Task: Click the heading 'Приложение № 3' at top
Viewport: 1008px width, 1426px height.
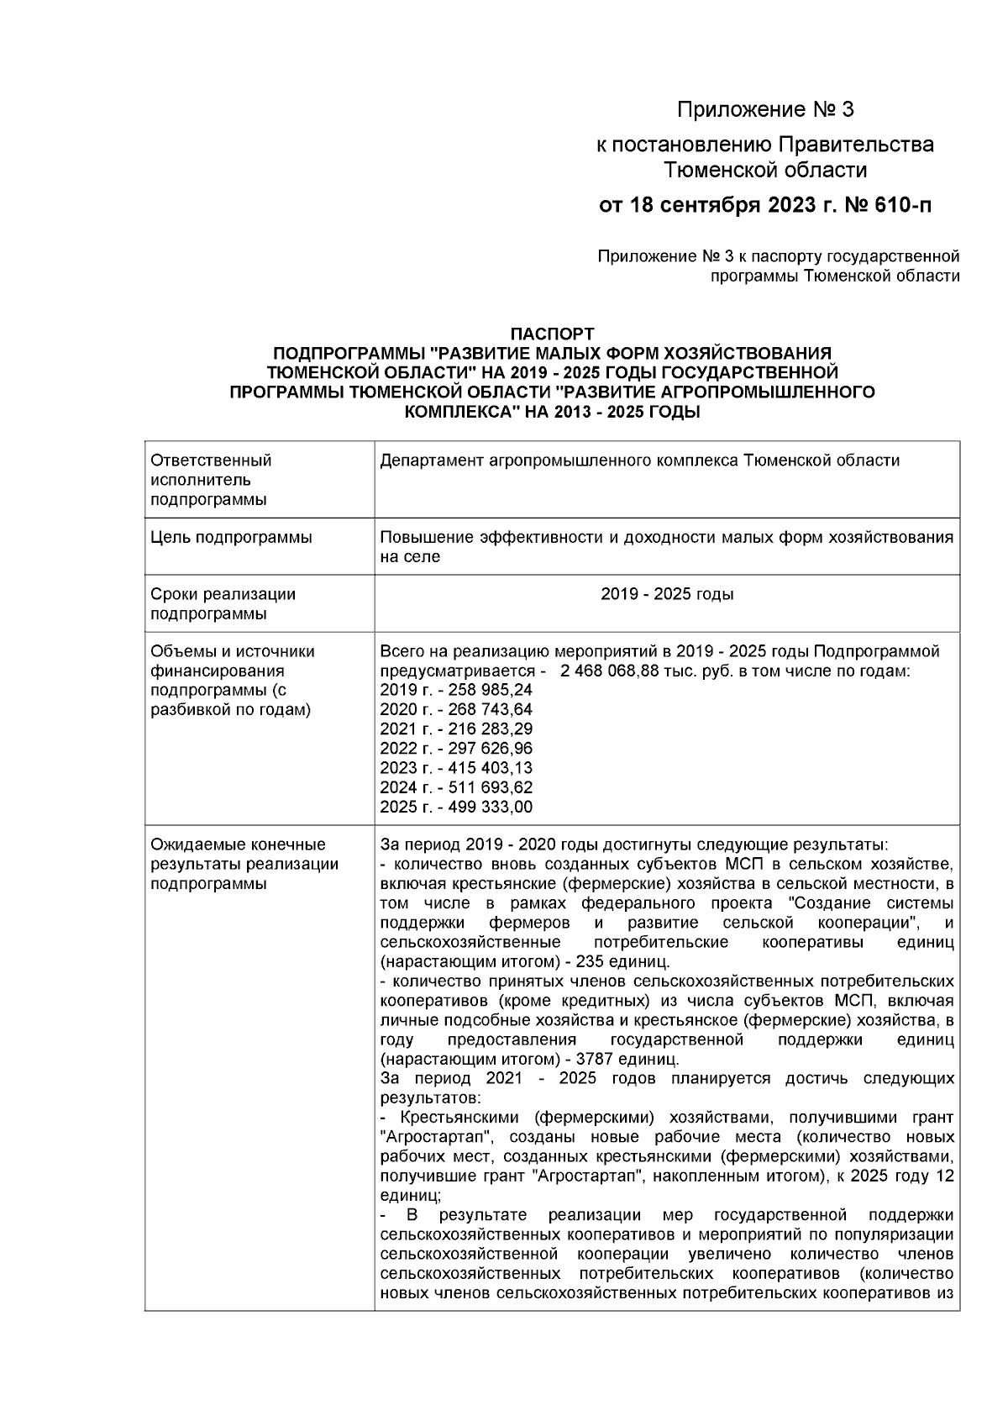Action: point(765,110)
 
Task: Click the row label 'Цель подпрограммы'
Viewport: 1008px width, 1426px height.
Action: point(231,538)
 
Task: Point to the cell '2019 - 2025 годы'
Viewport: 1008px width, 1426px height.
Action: point(667,594)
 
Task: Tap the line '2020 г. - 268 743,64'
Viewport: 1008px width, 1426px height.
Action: point(456,710)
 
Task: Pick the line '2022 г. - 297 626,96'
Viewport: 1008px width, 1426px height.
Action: point(456,749)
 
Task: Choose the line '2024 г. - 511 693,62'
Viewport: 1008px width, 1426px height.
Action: point(456,788)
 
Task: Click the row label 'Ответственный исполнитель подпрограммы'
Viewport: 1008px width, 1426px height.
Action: point(211,481)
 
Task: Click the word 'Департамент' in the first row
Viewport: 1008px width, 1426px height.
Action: point(428,461)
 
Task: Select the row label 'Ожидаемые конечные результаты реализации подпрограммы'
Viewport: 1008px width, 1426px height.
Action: point(244,864)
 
